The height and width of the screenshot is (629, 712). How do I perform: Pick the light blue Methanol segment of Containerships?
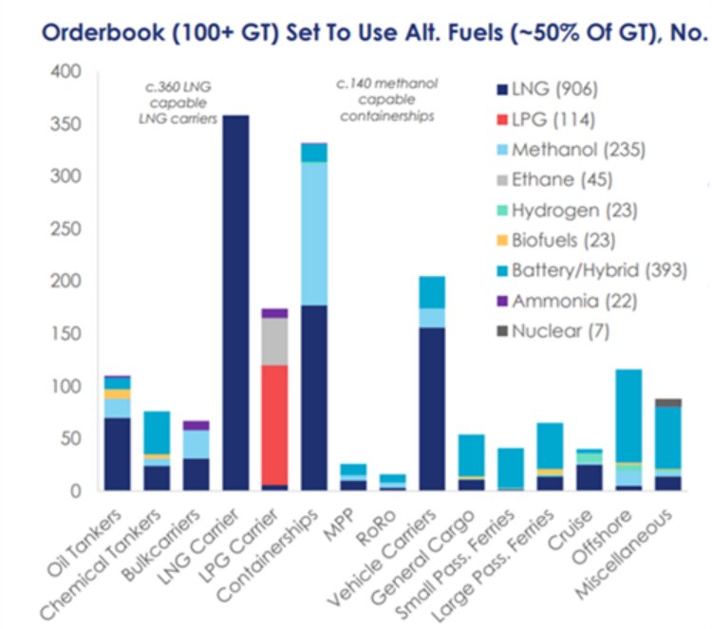tap(313, 233)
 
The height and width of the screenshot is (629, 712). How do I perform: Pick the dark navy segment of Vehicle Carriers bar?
tap(432, 408)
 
